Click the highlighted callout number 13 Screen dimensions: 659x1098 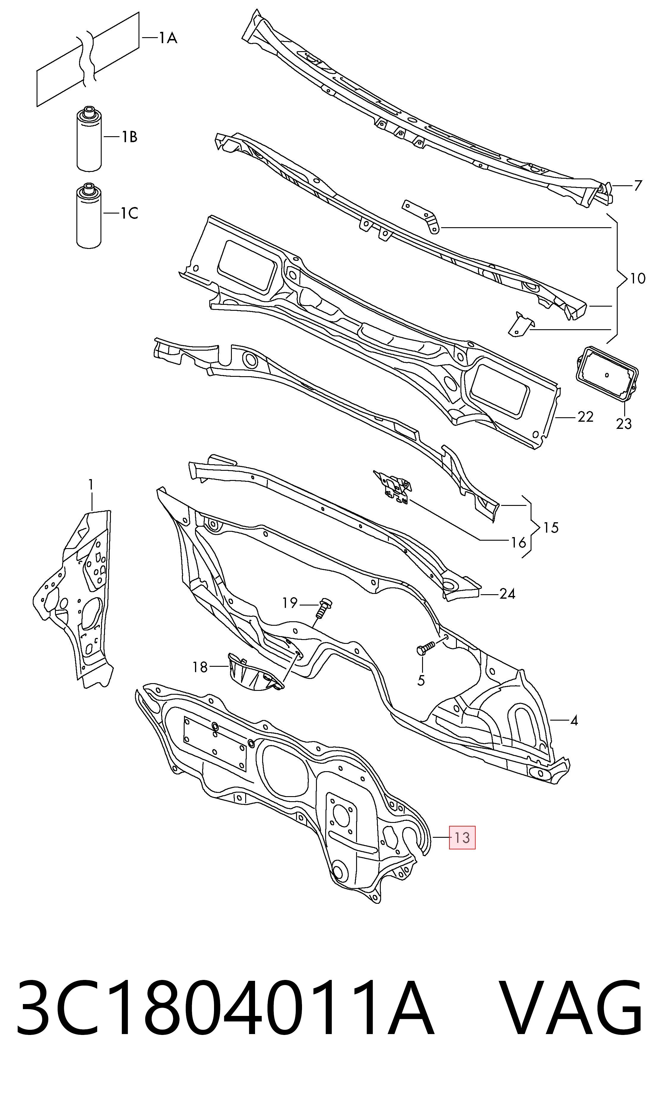(462, 837)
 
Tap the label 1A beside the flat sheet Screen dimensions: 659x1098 (168, 38)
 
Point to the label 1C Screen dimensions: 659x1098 (130, 214)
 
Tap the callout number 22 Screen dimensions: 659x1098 (585, 417)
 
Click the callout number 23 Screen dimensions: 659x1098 (623, 424)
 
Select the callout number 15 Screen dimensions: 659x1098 (551, 528)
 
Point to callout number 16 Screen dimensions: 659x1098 (518, 542)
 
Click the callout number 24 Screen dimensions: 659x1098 (507, 594)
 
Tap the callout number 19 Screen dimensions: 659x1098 (290, 603)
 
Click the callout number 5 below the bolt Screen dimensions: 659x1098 (421, 680)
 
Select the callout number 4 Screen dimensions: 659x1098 (574, 721)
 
